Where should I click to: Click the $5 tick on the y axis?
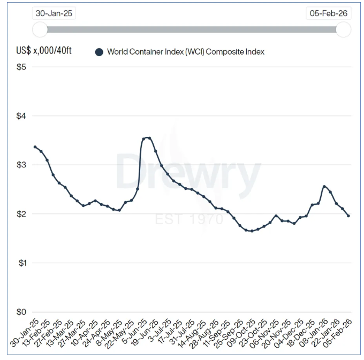coord(22,67)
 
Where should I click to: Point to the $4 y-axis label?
coord(22,116)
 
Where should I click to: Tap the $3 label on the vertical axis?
coord(22,165)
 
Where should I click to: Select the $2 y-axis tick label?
coord(22,214)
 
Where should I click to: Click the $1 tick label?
coord(22,263)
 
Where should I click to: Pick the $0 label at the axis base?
coord(22,312)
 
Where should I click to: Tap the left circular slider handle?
coord(40,29)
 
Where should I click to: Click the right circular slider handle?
coord(343,29)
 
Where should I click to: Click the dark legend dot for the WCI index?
coord(99,52)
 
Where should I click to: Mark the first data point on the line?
coord(35,147)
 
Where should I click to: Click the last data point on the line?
coord(348,216)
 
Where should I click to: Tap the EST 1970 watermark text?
coord(182,219)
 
